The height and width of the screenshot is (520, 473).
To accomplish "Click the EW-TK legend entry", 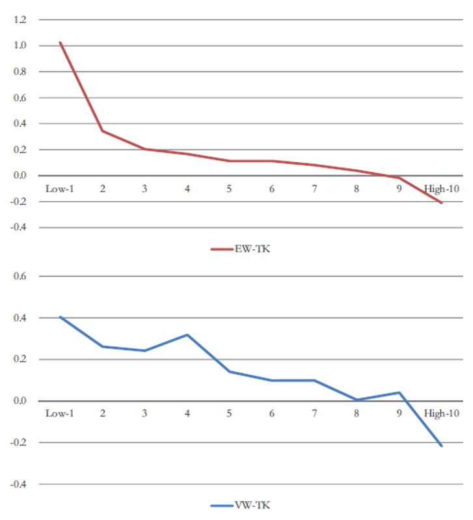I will point(241,248).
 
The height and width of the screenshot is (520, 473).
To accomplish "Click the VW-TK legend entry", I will point(241,504).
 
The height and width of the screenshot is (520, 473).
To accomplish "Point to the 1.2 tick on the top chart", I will point(20,20).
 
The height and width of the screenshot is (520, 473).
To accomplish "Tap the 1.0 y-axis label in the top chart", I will point(20,46).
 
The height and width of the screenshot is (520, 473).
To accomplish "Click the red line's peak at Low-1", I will point(60,42).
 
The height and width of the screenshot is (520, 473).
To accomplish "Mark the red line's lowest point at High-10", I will point(442,203).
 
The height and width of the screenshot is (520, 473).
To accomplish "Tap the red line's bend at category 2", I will point(103,131).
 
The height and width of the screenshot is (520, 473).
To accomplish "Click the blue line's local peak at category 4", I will point(187,335).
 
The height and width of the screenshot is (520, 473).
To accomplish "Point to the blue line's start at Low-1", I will point(60,317).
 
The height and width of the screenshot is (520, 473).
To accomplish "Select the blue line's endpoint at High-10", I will point(442,446).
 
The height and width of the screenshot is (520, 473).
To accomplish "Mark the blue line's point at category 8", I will point(357,400).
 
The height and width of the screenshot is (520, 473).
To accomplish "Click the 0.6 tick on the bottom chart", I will point(20,276).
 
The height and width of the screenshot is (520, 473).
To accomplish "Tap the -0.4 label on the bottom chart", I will point(18,484).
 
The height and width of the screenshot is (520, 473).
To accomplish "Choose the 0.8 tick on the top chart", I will point(20,72).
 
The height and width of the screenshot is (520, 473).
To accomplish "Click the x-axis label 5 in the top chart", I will point(230,189).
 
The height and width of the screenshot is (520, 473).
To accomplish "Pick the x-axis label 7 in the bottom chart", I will point(314,414).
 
